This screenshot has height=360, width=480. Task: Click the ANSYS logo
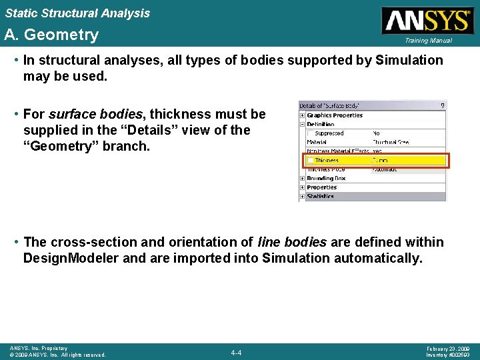click(426, 20)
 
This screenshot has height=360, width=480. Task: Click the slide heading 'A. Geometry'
click(51, 35)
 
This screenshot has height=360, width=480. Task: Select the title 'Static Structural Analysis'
click(77, 13)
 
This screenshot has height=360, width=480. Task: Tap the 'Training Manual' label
click(427, 41)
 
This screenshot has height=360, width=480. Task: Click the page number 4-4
click(236, 352)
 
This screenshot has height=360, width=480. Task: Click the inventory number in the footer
click(447, 355)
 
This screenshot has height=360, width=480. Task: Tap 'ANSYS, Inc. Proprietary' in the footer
click(39, 348)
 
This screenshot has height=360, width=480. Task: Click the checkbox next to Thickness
click(309, 161)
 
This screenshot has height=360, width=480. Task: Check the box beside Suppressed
click(309, 133)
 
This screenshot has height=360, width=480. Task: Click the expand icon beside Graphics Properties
click(303, 115)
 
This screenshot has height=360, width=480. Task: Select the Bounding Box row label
click(326, 179)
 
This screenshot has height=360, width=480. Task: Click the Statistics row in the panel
click(320, 197)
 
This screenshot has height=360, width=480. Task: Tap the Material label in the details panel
click(317, 142)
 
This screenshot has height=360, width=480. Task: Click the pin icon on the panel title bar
click(442, 105)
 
